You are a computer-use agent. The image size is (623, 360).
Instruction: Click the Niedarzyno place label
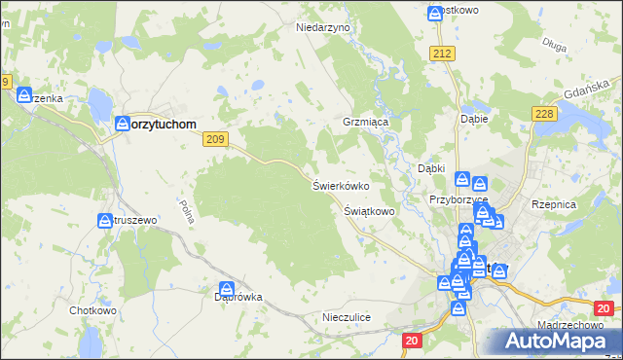tap(322, 28)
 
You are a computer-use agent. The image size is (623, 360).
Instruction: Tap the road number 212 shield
tap(444, 54)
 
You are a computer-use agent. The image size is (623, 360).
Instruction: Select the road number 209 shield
tap(216, 140)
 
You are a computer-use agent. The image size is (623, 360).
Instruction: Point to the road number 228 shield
tap(544, 115)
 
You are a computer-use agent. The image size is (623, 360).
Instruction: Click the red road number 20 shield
tap(412, 339)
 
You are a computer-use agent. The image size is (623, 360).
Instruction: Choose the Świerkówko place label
tap(340, 185)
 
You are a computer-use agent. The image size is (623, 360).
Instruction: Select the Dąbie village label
tap(473, 120)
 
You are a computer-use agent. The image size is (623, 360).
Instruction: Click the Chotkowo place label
tap(92, 311)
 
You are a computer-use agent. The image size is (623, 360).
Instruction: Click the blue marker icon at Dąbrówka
tap(227, 288)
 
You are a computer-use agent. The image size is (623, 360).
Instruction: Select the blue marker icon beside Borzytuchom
tap(124, 124)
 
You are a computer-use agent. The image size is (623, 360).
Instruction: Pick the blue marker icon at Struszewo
tap(105, 221)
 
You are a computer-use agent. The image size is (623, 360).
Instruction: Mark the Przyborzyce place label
tap(458, 199)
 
